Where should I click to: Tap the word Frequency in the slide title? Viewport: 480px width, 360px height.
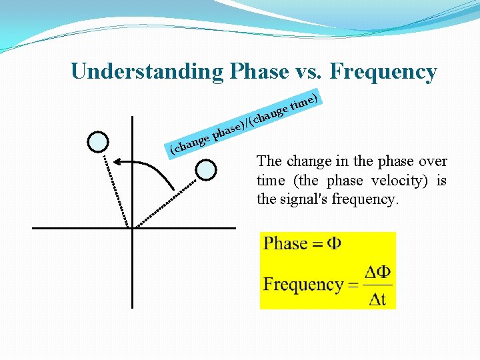click(383, 71)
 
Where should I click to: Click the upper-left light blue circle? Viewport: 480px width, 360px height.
click(98, 141)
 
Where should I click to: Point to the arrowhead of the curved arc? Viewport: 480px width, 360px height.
click(116, 161)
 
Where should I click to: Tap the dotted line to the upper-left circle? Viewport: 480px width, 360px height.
click(114, 186)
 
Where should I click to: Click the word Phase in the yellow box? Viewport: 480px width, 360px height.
click(285, 244)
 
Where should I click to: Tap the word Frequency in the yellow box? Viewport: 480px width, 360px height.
click(303, 285)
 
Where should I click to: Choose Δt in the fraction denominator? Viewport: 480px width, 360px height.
click(377, 299)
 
